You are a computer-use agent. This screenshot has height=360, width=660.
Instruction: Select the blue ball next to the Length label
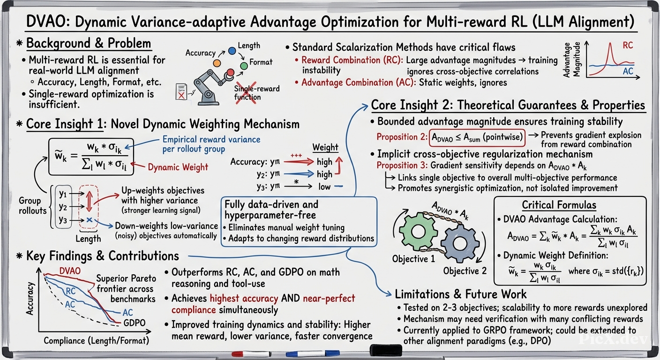[232, 51]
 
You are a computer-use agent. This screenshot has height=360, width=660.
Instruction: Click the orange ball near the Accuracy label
[217, 63]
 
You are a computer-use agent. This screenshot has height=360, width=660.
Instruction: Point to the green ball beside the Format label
[244, 66]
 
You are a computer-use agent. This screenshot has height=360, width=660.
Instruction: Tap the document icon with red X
[181, 91]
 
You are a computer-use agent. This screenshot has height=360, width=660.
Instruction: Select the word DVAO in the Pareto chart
[70, 271]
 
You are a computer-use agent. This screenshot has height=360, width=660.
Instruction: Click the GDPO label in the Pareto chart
[135, 322]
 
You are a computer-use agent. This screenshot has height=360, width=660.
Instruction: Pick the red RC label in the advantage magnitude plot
[628, 45]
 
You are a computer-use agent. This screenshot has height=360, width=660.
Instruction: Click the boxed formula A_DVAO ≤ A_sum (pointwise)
[477, 137]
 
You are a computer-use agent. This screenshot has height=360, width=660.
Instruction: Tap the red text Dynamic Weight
[178, 167]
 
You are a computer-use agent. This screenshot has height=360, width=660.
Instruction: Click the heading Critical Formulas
[559, 205]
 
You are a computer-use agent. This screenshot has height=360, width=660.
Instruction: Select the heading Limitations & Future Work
[460, 294]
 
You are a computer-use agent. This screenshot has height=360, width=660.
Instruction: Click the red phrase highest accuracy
[244, 298]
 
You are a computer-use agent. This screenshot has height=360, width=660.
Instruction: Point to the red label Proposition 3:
[402, 165]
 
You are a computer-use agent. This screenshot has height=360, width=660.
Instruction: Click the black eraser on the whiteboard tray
[386, 350]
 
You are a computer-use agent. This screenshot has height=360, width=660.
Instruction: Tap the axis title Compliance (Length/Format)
[97, 341]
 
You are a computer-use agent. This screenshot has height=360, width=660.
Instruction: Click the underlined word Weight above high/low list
[325, 147]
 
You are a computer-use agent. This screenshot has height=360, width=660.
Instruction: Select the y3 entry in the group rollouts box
[63, 219]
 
